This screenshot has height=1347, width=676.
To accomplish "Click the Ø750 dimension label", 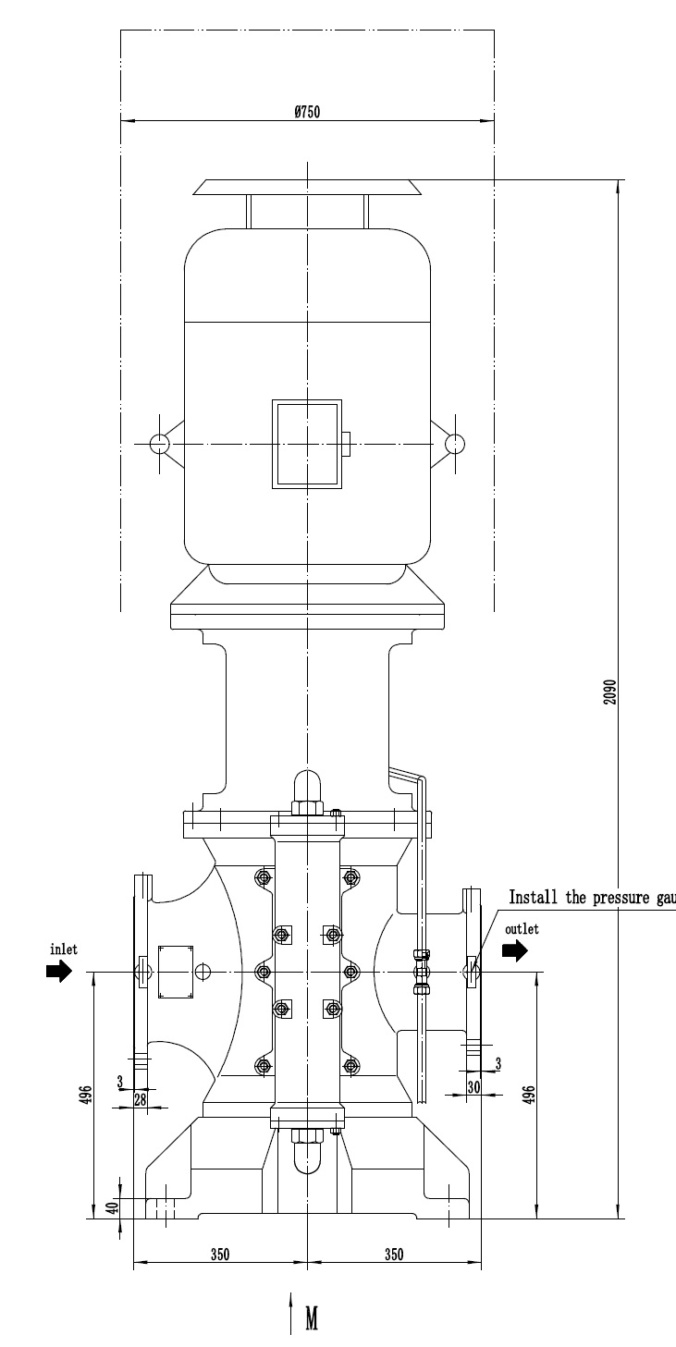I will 306,112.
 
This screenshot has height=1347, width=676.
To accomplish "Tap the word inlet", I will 60,949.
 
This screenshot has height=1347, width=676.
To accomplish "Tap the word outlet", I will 522,928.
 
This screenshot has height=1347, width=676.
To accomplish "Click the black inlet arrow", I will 59,971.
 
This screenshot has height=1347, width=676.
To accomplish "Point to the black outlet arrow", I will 515,949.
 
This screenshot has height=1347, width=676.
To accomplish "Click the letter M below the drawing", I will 312,1319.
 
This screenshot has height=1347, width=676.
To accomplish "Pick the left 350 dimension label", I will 219,1255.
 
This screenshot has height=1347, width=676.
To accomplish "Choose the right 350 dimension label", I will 393,1255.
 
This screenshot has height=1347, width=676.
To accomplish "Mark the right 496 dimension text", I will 529,1094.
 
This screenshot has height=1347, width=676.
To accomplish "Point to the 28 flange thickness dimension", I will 140,1098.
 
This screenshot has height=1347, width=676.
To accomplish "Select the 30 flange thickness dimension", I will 473,1088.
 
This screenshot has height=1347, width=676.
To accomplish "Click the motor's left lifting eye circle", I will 159,444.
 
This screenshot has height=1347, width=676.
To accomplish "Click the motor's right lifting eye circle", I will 454,444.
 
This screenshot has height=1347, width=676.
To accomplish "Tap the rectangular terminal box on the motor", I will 306,444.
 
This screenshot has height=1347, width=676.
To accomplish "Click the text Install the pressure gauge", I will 592,898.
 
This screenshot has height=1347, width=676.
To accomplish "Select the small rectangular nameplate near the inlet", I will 176,972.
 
